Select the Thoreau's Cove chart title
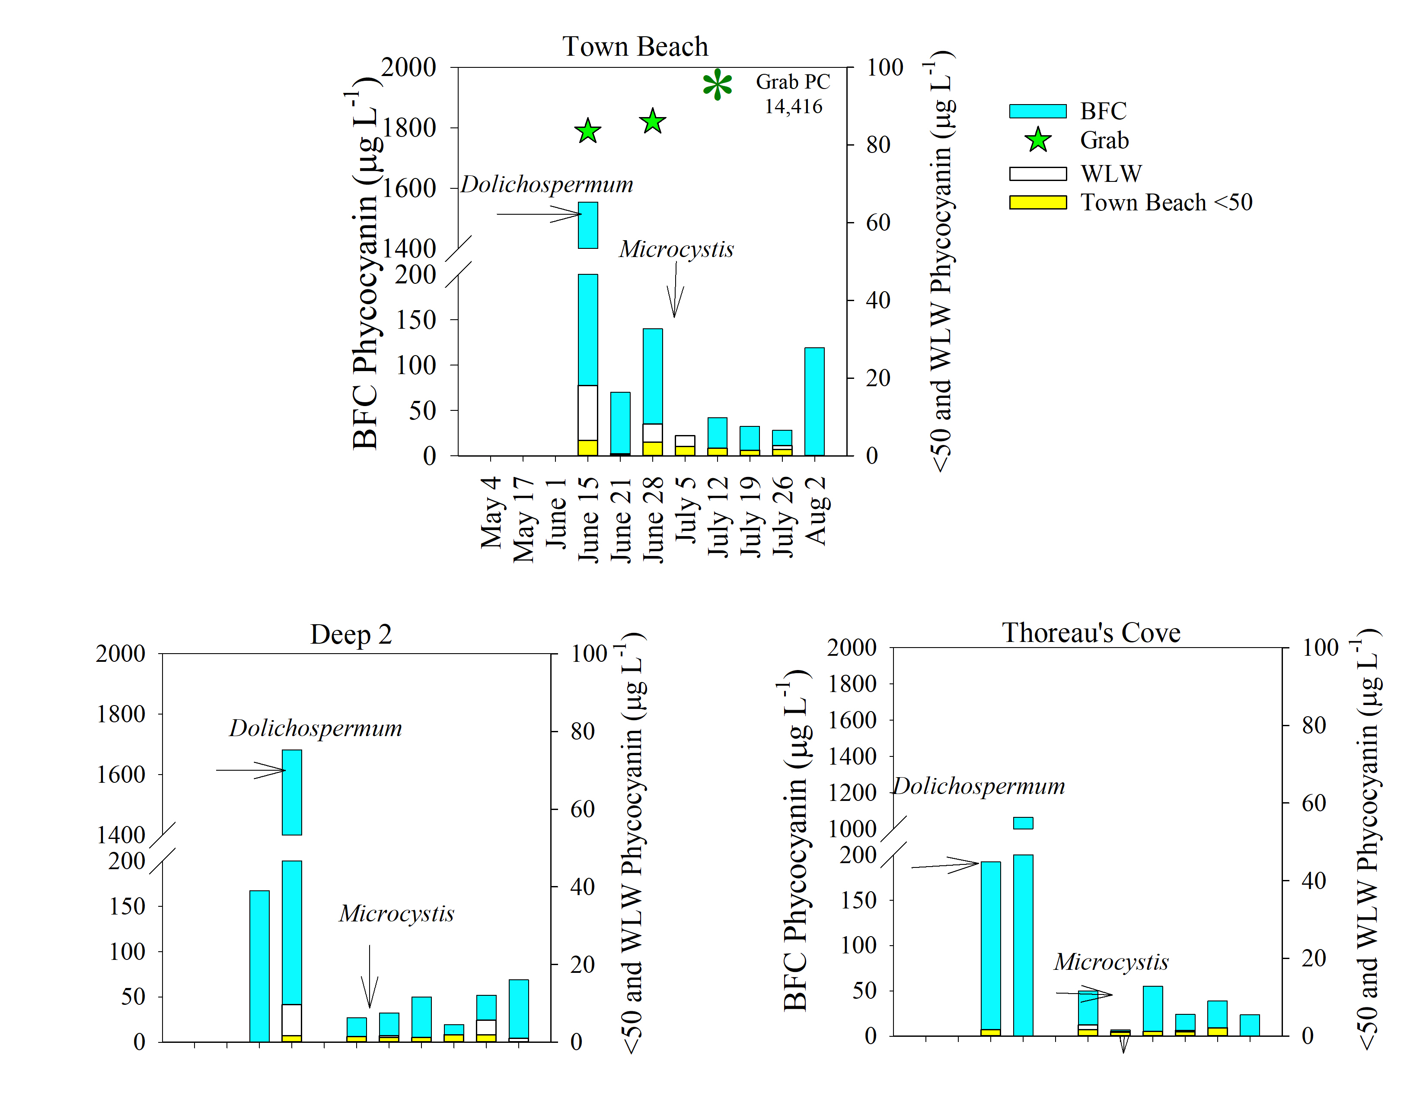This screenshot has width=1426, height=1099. pyautogui.click(x=1091, y=632)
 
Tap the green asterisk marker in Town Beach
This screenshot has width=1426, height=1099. pyautogui.click(x=717, y=85)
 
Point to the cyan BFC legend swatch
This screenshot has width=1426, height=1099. pyautogui.click(x=1037, y=111)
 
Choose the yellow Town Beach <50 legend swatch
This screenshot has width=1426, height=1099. pyautogui.click(x=1037, y=202)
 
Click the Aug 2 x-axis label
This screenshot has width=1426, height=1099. pyautogui.click(x=816, y=510)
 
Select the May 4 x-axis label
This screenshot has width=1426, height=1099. pyautogui.click(x=491, y=512)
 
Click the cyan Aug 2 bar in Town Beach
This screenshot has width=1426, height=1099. pyautogui.click(x=814, y=401)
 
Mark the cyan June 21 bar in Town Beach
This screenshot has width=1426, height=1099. pyautogui.click(x=620, y=423)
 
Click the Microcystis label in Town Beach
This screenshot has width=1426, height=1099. pyautogui.click(x=676, y=249)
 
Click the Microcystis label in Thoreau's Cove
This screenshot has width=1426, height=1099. pyautogui.click(x=1111, y=962)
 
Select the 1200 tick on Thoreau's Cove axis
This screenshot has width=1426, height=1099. pyautogui.click(x=852, y=793)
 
